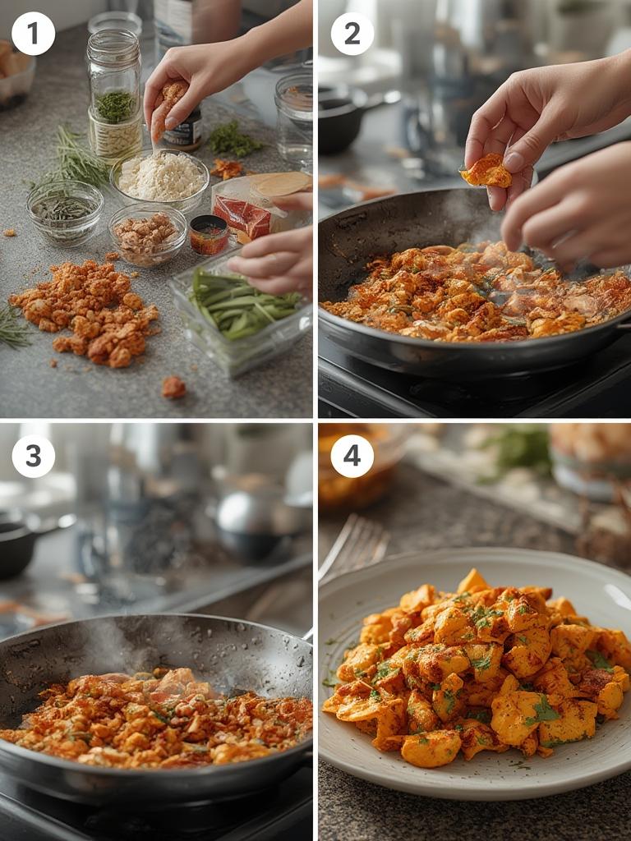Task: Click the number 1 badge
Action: [x=34, y=34]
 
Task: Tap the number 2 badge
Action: [x=352, y=34]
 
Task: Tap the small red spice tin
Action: [x=209, y=235]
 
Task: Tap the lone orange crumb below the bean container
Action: [x=173, y=387]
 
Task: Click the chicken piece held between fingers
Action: [x=486, y=171]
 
